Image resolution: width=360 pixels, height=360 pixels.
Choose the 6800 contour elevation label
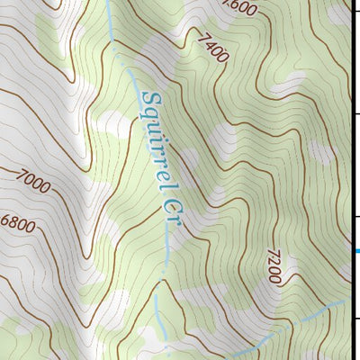[18, 223]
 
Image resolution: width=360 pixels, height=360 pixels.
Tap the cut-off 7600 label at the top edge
[243, 8]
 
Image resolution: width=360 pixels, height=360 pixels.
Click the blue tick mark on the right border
[356, 251]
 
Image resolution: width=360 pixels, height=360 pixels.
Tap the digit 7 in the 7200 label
[271, 256]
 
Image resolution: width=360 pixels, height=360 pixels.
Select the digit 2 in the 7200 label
[273, 264]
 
